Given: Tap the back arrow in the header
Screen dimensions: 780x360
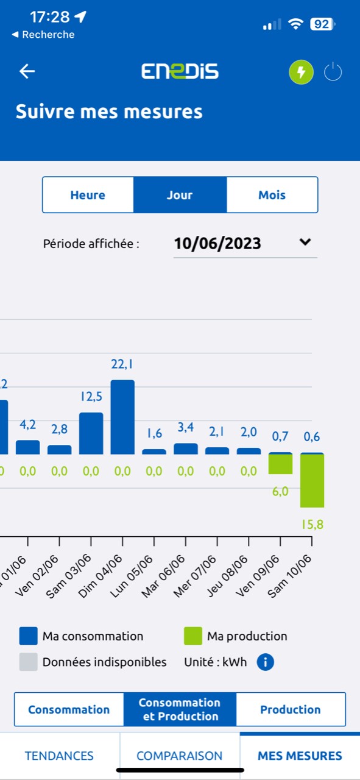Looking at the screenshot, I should coord(27,71).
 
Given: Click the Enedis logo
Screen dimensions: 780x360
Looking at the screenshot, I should coord(180,71).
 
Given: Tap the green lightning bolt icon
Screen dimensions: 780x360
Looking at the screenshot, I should coord(300,73).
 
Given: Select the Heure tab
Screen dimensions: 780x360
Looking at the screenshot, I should coord(88,195).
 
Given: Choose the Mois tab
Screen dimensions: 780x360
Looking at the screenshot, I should coord(272,195).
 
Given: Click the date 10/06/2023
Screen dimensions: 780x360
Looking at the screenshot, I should coord(217,243).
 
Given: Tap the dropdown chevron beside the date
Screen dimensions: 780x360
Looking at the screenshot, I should coord(305,242).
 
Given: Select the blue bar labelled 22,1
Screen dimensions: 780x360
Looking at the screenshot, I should coord(122,417).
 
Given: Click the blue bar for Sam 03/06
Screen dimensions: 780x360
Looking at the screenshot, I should coord(91,433).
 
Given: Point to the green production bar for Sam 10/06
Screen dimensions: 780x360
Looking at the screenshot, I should coord(312,481).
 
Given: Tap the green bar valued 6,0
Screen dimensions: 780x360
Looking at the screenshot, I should coord(280,464).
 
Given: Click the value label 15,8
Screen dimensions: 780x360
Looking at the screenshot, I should coord(312,524).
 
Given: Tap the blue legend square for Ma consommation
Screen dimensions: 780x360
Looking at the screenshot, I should coord(28,636).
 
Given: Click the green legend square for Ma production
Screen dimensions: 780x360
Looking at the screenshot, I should coord(193,636).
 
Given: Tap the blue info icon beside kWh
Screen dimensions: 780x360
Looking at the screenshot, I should coord(265,662).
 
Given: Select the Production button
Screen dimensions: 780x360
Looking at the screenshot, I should coord(290,709).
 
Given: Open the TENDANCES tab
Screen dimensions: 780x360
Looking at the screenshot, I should coord(59,756).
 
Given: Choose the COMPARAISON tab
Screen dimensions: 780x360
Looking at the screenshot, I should coord(179,756).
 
